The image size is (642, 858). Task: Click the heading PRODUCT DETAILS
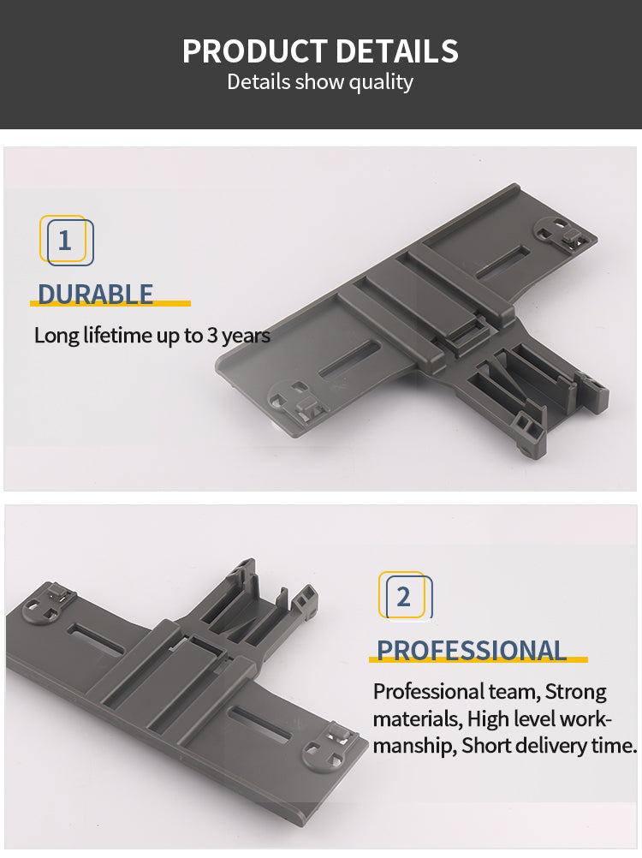320,51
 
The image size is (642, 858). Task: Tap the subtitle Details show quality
320,82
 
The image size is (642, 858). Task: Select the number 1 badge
66,241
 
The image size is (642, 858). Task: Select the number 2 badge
405,596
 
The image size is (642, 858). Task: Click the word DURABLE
95,295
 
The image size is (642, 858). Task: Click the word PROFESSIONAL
472,651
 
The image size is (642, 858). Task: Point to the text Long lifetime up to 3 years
152,336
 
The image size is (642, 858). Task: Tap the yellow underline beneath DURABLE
110,303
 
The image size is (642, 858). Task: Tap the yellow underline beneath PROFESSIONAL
478,659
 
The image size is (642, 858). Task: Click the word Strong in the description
576,692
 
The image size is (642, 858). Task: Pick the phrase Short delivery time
549,745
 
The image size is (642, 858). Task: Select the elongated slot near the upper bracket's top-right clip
502,260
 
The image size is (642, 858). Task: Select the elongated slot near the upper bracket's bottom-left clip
349,359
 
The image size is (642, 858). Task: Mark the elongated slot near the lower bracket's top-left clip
97,639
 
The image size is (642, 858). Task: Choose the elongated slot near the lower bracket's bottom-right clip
259,724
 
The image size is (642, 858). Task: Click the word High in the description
483,718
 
